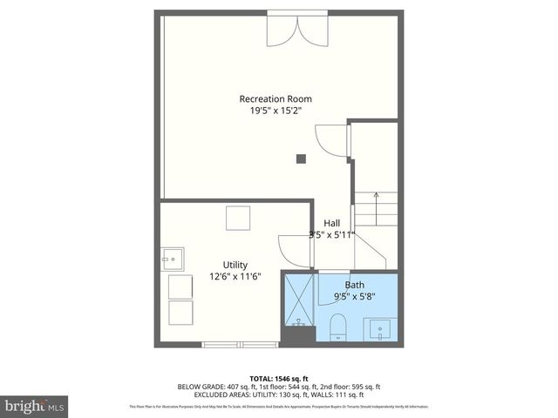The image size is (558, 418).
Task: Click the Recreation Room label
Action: [x=276, y=98]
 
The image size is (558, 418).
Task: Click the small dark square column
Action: [x=300, y=158]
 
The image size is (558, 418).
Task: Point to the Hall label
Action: [x=332, y=223]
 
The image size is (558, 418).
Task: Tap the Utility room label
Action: [x=235, y=265]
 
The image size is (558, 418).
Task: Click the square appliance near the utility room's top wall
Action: [x=238, y=218]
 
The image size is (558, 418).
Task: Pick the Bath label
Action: [x=355, y=285]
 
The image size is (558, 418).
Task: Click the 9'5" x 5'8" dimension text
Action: [x=355, y=296]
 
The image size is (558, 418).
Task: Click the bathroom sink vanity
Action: [x=381, y=330]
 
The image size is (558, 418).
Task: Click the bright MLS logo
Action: [x=34, y=406]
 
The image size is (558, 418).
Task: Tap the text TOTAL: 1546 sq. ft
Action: [x=278, y=378]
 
